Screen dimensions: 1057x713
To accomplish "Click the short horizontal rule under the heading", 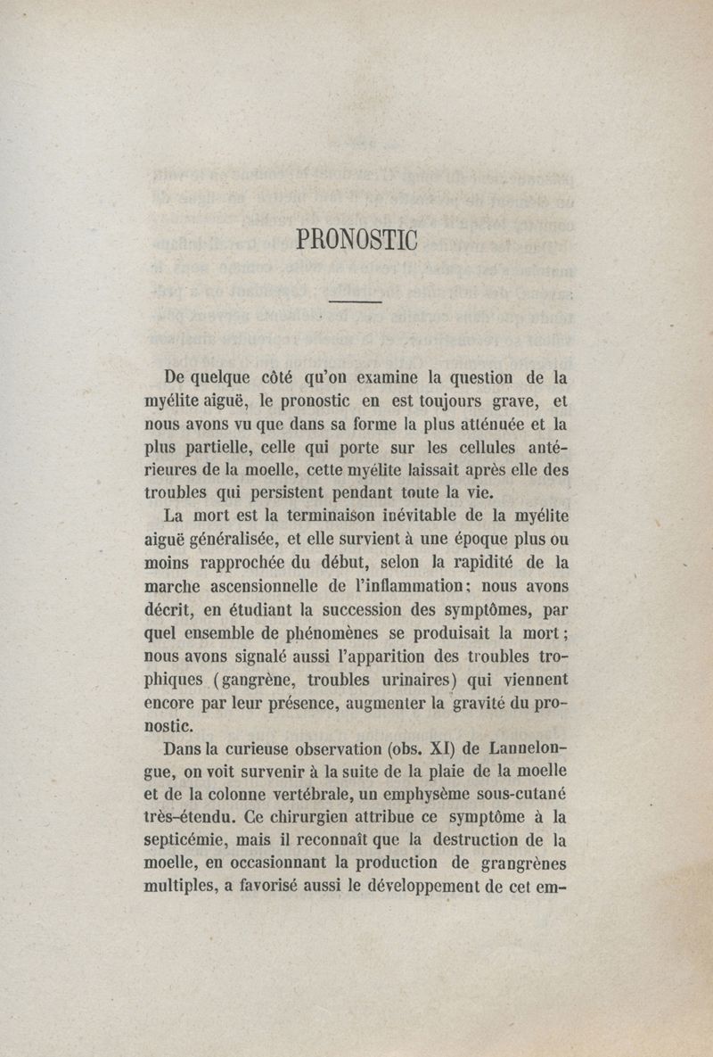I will (x=355, y=303).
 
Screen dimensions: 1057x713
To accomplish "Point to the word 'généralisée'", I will (x=234, y=538).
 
